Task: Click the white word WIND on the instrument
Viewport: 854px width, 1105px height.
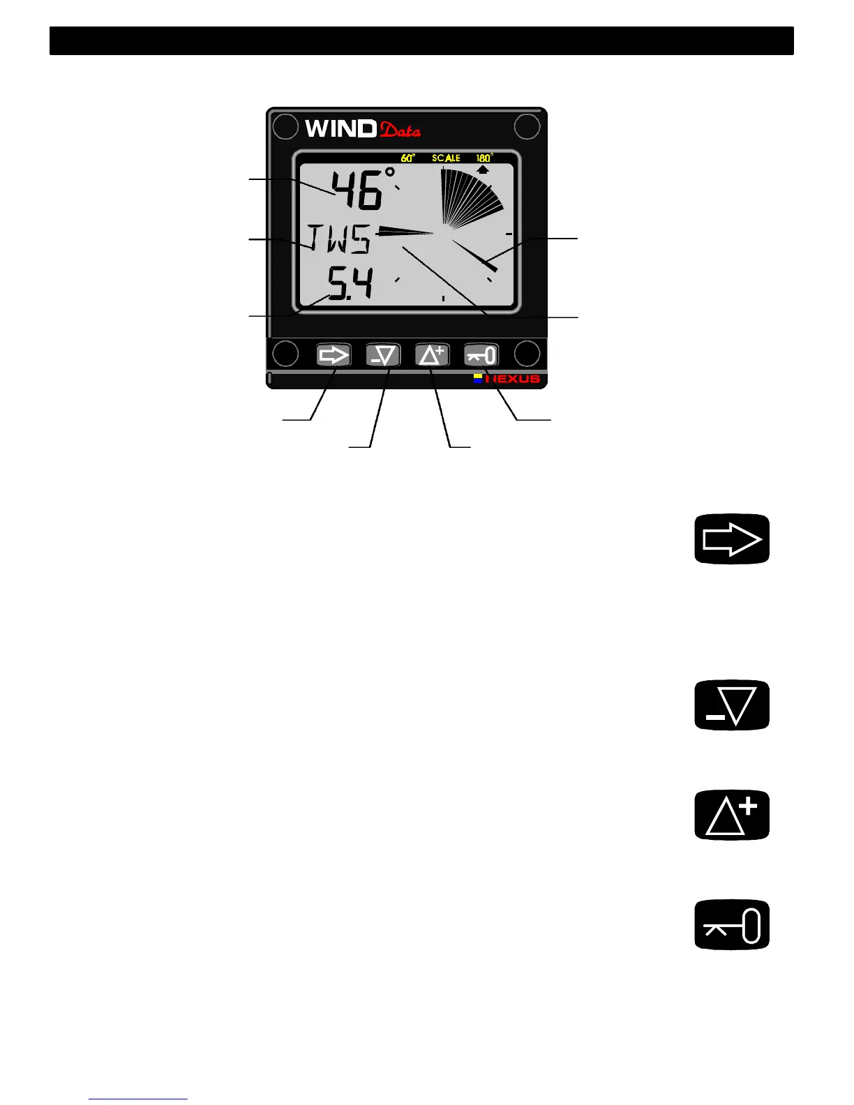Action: tap(340, 129)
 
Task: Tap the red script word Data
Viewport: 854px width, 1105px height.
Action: tap(400, 130)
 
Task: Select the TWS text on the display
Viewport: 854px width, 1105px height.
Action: tap(340, 239)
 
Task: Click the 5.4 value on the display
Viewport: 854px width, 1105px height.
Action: tap(350, 285)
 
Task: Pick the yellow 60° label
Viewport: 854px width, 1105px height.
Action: tap(407, 158)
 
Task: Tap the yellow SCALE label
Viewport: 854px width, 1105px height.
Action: tap(446, 158)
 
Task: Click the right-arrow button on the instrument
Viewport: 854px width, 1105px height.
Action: tap(334, 356)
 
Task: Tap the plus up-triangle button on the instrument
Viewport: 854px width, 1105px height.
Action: tap(432, 356)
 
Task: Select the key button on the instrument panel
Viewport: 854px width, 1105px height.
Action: tap(481, 356)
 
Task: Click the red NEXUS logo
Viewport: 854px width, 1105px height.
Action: tap(512, 379)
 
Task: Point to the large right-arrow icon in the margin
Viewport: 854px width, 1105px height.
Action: tap(732, 539)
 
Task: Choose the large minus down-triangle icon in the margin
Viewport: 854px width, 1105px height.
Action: tap(732, 705)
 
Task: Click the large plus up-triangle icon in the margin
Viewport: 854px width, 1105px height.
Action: tap(732, 815)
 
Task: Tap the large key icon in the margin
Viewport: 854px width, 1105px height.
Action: tap(732, 925)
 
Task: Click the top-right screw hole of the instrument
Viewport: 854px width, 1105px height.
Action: tap(527, 127)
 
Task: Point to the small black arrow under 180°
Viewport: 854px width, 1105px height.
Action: tap(483, 169)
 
